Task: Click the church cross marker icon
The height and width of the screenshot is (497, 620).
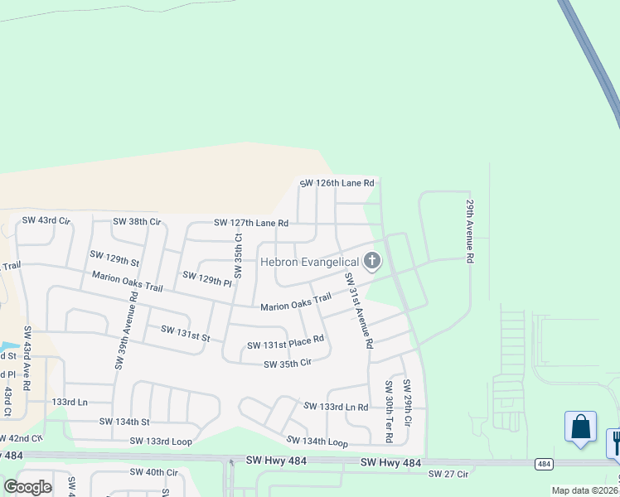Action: point(372,262)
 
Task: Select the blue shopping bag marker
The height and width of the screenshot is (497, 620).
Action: point(580,427)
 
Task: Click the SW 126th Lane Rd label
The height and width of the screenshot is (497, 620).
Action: point(337,183)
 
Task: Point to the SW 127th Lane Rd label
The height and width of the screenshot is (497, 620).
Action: point(250,223)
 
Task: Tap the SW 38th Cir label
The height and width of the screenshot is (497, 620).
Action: point(136,221)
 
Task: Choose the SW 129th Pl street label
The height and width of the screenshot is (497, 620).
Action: point(206,278)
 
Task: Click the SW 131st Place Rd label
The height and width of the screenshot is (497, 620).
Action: point(284,344)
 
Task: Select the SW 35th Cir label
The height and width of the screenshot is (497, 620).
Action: point(287,364)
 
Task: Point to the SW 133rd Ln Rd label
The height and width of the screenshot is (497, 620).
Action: point(335,407)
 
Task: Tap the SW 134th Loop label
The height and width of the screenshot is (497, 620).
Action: point(317,442)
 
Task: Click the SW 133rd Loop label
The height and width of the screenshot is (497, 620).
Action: point(161,442)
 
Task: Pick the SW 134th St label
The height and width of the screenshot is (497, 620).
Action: point(124,422)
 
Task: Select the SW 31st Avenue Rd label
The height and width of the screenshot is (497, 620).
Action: point(360,308)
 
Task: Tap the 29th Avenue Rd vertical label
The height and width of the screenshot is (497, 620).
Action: point(469,230)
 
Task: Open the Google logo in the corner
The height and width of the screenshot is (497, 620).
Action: point(27,487)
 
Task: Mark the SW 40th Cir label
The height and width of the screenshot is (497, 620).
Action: point(153,472)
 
